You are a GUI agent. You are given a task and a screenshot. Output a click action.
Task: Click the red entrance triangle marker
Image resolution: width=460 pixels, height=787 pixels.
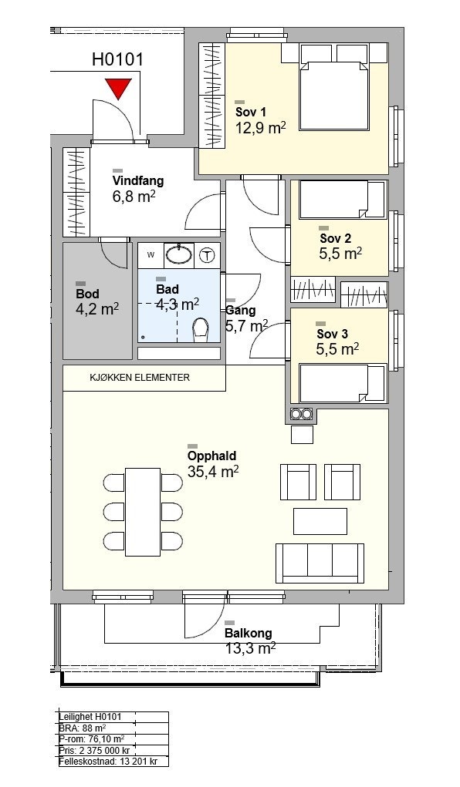tap(119, 89)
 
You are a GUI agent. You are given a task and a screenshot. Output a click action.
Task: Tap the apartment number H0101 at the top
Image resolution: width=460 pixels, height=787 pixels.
tap(117, 59)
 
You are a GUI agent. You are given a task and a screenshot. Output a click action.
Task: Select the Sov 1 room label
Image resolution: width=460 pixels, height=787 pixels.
tap(250, 112)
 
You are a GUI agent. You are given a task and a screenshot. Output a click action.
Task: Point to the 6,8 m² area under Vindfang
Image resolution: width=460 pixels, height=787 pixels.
tap(134, 196)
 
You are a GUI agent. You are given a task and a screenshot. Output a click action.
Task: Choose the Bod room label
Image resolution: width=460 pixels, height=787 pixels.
tap(87, 294)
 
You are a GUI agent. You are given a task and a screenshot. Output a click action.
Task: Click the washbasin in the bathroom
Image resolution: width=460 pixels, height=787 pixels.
tap(179, 254)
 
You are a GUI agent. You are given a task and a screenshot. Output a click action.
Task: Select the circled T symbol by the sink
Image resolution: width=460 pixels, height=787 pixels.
tap(206, 255)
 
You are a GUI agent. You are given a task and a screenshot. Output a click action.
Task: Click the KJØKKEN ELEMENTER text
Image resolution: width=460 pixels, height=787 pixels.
tap(140, 378)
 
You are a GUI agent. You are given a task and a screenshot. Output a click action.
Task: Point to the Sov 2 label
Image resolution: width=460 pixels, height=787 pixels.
tap(335, 238)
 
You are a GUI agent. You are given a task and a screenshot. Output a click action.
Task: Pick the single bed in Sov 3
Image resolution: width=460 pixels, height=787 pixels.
tap(343, 383)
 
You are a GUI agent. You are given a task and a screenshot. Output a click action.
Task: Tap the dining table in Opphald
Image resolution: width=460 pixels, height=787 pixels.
tap(143, 512)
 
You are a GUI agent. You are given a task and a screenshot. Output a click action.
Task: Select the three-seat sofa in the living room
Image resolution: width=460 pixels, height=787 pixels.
tap(320, 563)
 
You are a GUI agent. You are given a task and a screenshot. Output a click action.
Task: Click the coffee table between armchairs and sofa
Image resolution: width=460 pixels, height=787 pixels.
tap(320, 522)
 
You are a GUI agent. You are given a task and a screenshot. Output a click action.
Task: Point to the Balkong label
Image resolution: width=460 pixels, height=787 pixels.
tap(249, 634)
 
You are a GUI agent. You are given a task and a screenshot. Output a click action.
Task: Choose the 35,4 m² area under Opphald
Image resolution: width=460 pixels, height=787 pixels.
tap(213, 472)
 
